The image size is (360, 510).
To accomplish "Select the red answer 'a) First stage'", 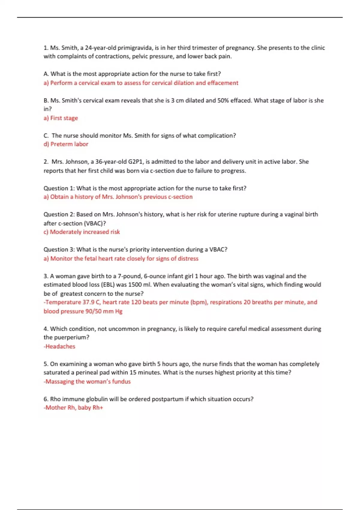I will pos(61,118).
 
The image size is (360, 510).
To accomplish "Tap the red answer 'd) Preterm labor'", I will pos(66,144).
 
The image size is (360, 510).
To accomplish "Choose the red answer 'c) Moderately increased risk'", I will pos(82,232).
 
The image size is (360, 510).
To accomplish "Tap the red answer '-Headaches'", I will pos(59,346).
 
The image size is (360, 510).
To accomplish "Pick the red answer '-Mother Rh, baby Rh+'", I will pos(73,407).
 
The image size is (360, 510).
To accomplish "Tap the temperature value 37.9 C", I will pos(91,302).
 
